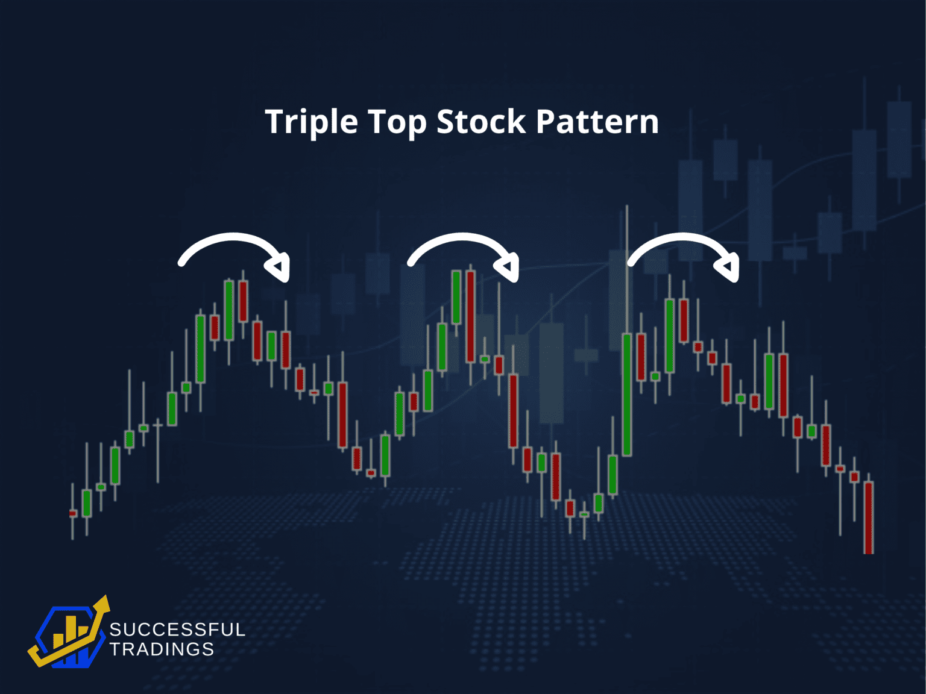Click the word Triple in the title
(312, 122)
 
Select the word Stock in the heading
(481, 122)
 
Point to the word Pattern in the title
(597, 122)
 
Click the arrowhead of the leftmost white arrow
(280, 267)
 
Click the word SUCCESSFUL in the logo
(177, 630)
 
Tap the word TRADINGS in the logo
(162, 649)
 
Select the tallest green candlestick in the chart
(627, 395)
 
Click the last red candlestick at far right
(868, 517)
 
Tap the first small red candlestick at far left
(73, 514)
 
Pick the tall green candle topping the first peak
(229, 310)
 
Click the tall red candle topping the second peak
(470, 316)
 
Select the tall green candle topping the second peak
(456, 298)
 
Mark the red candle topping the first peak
(243, 301)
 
